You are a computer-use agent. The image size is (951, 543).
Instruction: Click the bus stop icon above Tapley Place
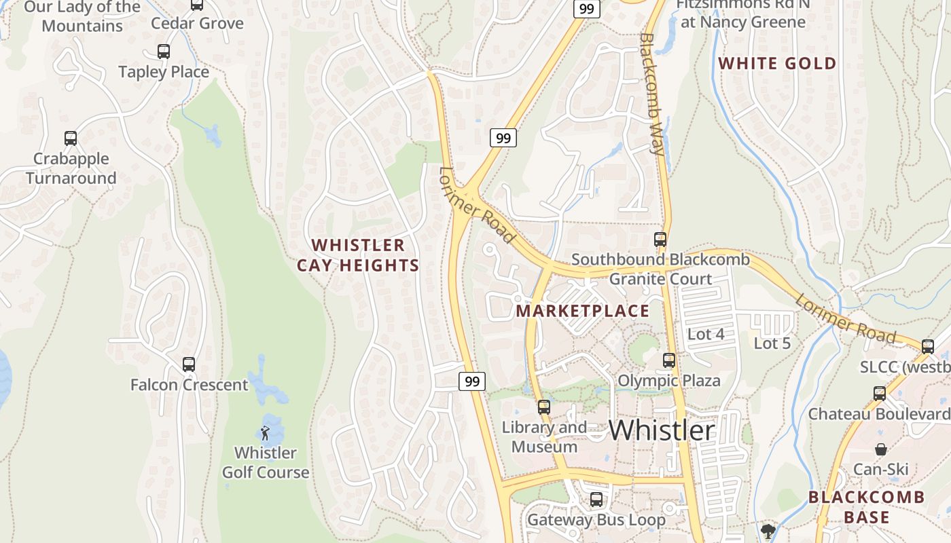tap(163, 52)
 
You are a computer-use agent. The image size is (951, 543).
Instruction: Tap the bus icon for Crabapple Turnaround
tap(71, 138)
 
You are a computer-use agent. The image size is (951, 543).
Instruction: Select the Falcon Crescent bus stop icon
tap(189, 364)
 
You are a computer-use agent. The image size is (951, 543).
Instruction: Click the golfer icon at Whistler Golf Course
tap(265, 432)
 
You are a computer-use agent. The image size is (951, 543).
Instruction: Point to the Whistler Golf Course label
tap(266, 462)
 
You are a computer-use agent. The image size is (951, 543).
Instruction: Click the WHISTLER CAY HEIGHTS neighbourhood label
tap(358, 255)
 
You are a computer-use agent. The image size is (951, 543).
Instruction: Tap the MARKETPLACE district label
tap(583, 311)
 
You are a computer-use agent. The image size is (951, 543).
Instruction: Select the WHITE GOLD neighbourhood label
tap(777, 64)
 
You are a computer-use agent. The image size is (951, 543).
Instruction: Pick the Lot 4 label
tap(706, 334)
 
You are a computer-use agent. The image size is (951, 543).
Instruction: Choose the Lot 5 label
tap(772, 343)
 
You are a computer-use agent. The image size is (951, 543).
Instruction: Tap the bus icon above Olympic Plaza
tap(669, 360)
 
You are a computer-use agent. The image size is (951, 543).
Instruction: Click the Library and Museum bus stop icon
tap(544, 407)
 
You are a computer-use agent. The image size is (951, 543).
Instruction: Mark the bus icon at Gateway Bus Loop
tap(596, 500)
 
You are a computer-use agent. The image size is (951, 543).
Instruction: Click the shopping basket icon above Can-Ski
tap(880, 449)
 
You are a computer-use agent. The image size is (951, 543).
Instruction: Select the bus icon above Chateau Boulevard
tap(880, 393)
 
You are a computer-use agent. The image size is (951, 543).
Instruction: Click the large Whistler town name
tap(661, 430)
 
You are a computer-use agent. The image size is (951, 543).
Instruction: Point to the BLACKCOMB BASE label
tap(866, 507)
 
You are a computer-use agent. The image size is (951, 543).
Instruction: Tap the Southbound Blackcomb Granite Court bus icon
tap(660, 240)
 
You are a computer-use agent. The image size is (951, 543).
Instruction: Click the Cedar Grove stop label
tap(197, 23)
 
